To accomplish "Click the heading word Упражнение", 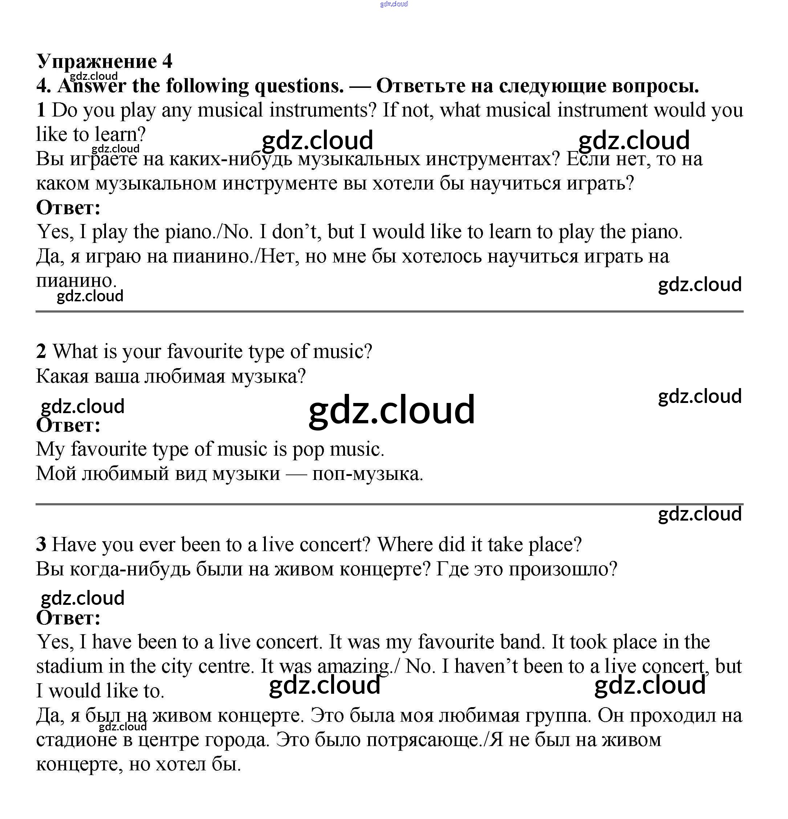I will coord(97,62).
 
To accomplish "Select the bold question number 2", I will coord(41,351).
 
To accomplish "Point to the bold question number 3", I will coord(41,545).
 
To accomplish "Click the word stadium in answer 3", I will coord(69,667).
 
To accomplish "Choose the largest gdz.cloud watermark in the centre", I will coord(391,410).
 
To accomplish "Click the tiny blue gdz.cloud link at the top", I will coord(394,4).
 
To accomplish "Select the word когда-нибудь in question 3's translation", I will coord(130,569).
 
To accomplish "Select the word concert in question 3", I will coord(335,545).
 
